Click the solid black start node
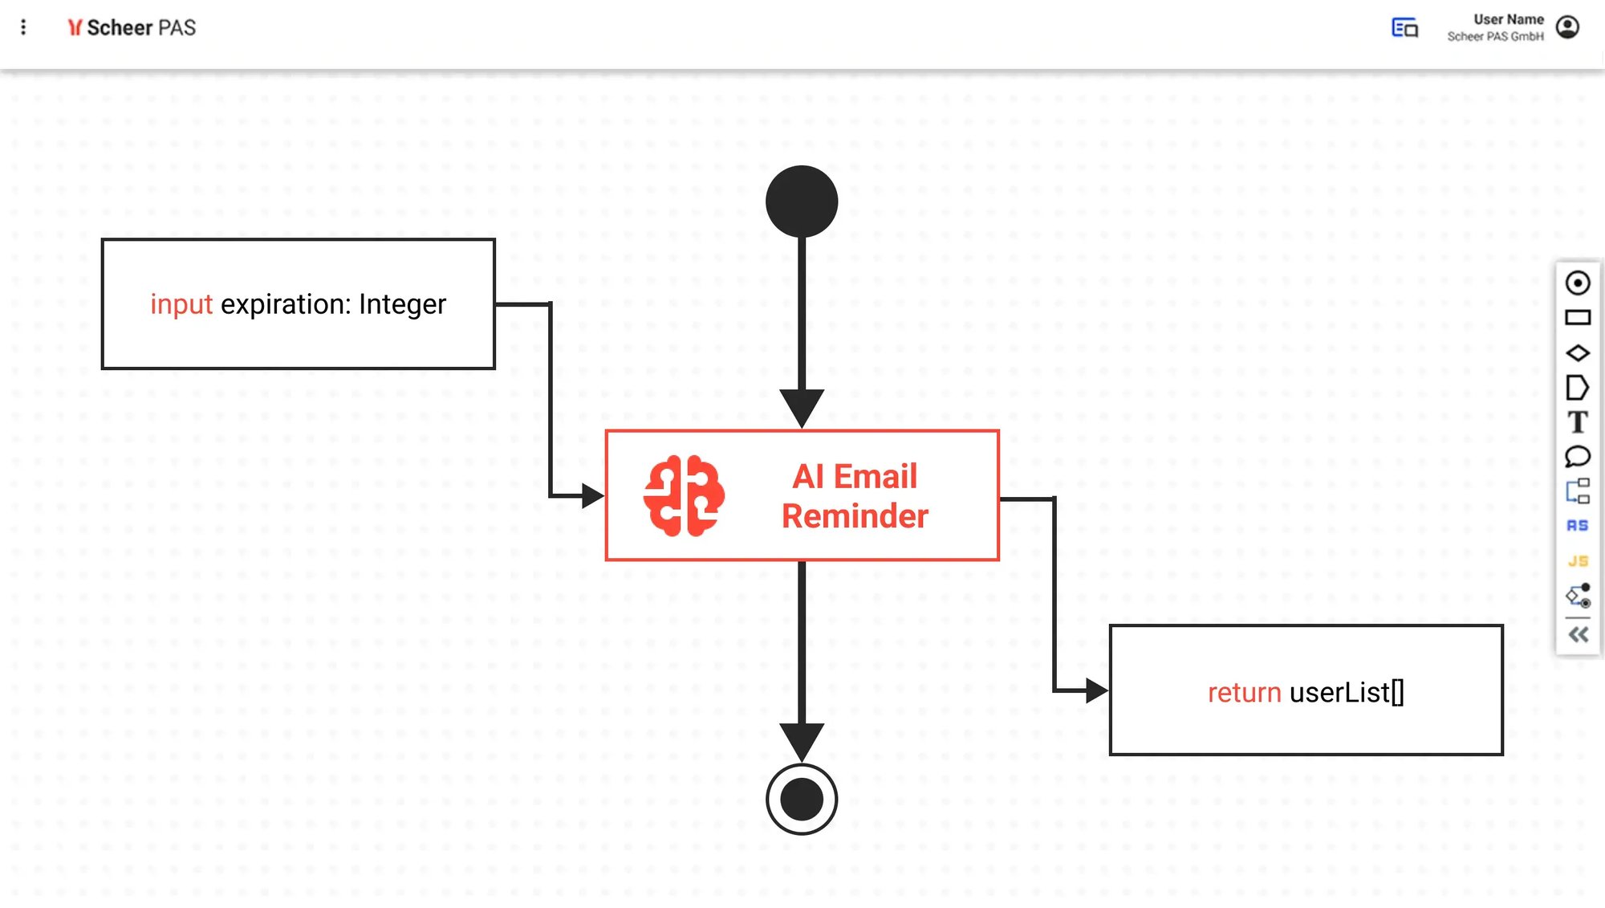pyautogui.click(x=802, y=202)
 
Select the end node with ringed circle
pyautogui.click(x=802, y=799)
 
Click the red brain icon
pyautogui.click(x=684, y=495)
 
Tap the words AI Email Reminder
pyautogui.click(x=855, y=496)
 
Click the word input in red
pyautogui.click(x=181, y=304)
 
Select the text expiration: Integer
pyautogui.click(x=333, y=304)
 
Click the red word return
pyautogui.click(x=1244, y=692)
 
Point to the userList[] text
pyautogui.click(x=1347, y=692)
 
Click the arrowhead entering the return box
pyautogui.click(x=1096, y=690)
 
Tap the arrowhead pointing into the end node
pyautogui.click(x=802, y=741)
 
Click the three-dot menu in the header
pyautogui.click(x=23, y=27)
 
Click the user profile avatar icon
pyautogui.click(x=1567, y=27)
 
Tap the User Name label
pyautogui.click(x=1508, y=19)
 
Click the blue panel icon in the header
pyautogui.click(x=1404, y=27)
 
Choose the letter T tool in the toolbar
pyautogui.click(x=1577, y=422)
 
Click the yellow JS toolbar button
pyautogui.click(x=1577, y=561)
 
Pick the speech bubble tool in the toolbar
pyautogui.click(x=1577, y=457)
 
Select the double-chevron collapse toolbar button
pyautogui.click(x=1578, y=635)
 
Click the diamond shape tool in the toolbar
pyautogui.click(x=1577, y=352)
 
